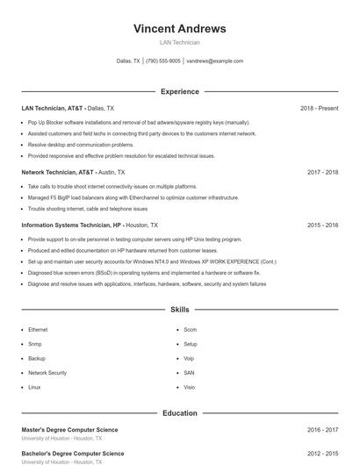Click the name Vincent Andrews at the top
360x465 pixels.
click(x=179, y=28)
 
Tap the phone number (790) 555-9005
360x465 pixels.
click(x=162, y=61)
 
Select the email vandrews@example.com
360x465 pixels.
click(x=214, y=61)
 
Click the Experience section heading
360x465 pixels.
click(x=179, y=91)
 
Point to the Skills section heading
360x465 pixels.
click(x=179, y=310)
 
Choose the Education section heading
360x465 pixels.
click(x=179, y=412)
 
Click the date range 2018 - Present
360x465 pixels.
click(x=319, y=108)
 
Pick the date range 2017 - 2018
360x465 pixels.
click(x=322, y=173)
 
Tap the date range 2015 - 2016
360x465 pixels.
click(x=322, y=225)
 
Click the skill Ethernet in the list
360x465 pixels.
click(x=38, y=330)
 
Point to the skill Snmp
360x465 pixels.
click(x=35, y=344)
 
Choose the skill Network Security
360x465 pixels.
click(x=47, y=373)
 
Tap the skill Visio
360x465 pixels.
click(x=190, y=387)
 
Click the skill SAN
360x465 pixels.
click(x=189, y=373)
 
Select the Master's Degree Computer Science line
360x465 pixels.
click(x=69, y=430)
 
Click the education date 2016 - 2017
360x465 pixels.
click(x=322, y=430)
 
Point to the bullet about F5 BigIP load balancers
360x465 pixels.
click(x=133, y=198)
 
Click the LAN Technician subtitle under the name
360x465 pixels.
click(x=179, y=42)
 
